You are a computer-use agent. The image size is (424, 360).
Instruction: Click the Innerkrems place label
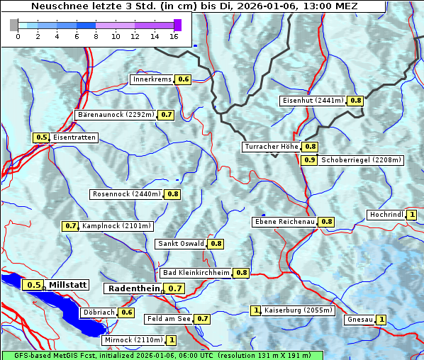pos(152,79)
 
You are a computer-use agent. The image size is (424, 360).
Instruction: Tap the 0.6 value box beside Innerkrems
pos(184,79)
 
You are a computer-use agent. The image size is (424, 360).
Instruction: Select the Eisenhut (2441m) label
pos(313,101)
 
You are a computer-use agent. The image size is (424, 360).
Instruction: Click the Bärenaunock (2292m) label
pos(115,114)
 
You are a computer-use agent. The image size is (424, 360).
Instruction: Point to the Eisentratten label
pos(74,137)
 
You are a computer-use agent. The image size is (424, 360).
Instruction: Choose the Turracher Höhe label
pos(271,147)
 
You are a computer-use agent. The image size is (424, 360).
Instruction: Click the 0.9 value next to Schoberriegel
pos(310,160)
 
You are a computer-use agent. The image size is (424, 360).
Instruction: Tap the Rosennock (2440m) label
pos(127,193)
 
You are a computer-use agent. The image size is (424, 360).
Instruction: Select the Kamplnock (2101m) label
pos(116,226)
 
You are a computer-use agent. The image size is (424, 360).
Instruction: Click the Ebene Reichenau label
pos(284,222)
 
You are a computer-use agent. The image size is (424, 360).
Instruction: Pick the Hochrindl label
pos(386,215)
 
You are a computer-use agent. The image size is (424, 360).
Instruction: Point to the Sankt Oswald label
pos(181,244)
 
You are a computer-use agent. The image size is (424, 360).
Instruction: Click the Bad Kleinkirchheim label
pos(196,273)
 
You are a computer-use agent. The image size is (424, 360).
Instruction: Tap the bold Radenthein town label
pos(134,288)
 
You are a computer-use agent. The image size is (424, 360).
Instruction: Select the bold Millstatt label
pos(68,285)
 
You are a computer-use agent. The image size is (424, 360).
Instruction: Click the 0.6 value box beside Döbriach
pos(127,312)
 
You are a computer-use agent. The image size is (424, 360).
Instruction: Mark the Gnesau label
pos(359,320)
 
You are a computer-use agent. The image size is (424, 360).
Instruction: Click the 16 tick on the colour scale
pos(174,36)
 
